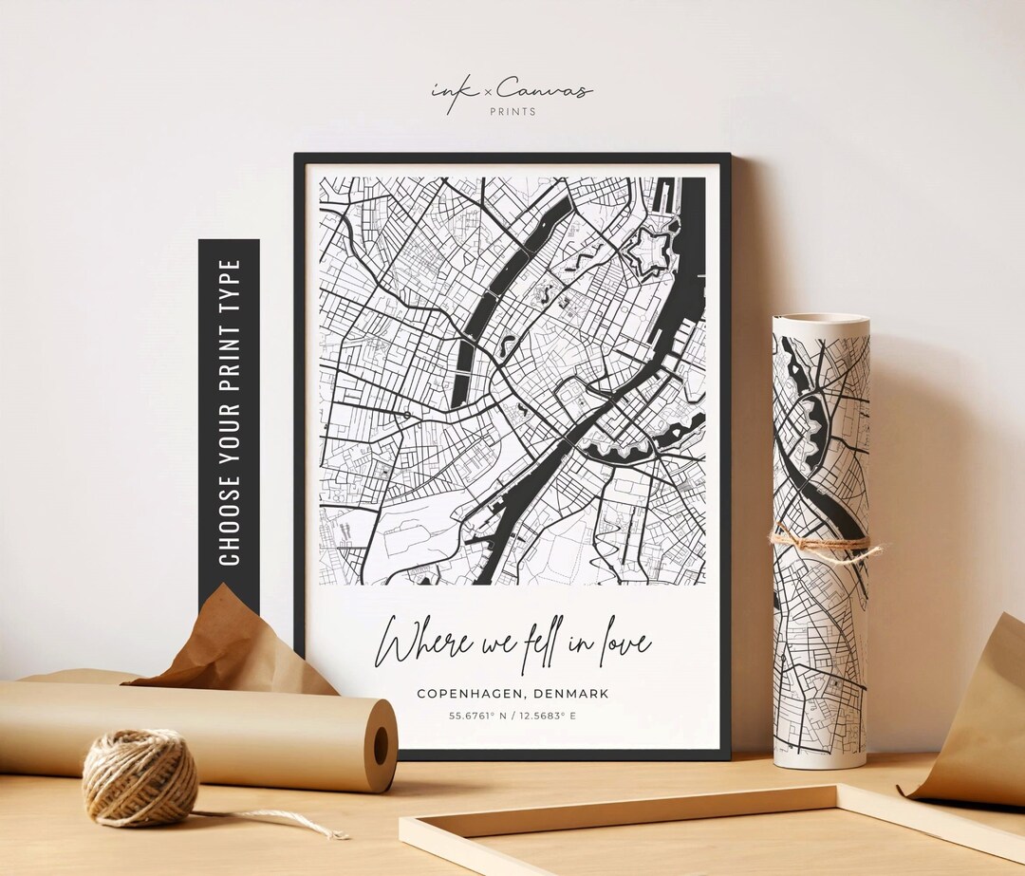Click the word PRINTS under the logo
pyautogui.click(x=512, y=112)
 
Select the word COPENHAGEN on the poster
pyautogui.click(x=467, y=694)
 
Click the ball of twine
pyautogui.click(x=140, y=777)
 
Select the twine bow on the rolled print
pyautogui.click(x=822, y=544)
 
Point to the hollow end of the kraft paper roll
pyautogui.click(x=381, y=745)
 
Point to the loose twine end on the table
pyautogui.click(x=313, y=828)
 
